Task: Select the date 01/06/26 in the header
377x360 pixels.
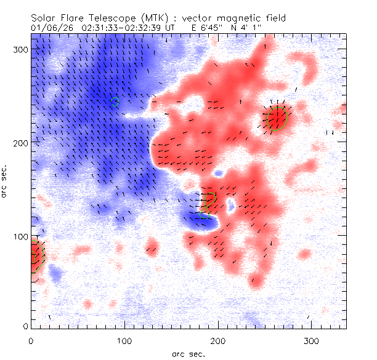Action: tap(52, 28)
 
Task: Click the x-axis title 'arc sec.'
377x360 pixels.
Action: tap(188, 353)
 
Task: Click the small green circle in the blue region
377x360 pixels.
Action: tap(115, 102)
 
